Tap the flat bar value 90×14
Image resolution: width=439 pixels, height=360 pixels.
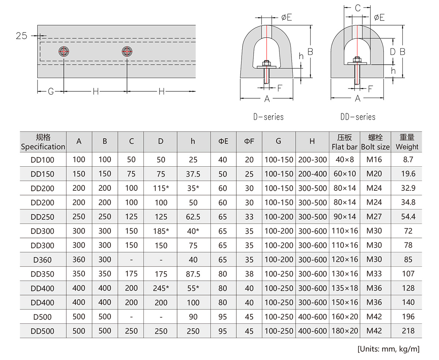coord(344,216)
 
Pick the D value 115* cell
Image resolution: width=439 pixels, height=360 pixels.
coord(161,188)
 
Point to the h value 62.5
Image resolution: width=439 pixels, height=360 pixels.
coord(193,217)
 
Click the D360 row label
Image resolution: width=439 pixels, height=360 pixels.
coord(42,260)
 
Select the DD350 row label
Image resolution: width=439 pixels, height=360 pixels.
coord(42,274)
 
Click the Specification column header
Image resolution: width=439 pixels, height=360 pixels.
coord(43,142)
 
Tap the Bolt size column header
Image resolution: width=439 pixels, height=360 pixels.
coord(375,142)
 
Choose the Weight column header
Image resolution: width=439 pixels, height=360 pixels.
coord(407,142)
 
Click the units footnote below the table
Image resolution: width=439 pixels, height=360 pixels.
coord(388,348)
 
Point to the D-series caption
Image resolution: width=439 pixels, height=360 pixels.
coord(268,117)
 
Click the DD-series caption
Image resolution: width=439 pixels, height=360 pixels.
coord(358,117)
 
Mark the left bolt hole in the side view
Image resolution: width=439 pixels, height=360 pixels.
coord(64,52)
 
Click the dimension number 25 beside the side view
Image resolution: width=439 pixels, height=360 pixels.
coord(22,36)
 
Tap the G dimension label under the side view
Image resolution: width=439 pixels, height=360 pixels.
coord(51,91)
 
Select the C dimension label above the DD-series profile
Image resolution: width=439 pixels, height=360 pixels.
coord(358,8)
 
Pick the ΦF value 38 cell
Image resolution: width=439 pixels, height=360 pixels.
coord(249,274)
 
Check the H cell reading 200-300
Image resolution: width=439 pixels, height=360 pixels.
coord(312,160)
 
